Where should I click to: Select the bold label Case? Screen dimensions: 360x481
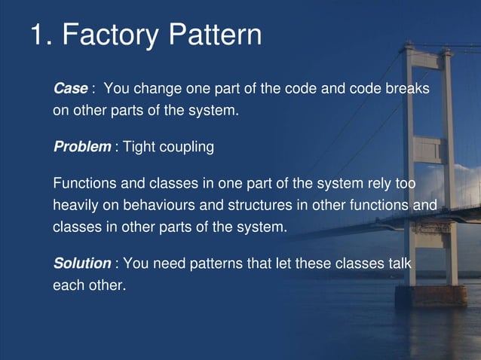70,89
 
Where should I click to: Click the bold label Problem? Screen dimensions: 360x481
81,147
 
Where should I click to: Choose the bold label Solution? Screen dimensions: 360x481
81,264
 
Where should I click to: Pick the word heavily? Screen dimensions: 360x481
76,205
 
